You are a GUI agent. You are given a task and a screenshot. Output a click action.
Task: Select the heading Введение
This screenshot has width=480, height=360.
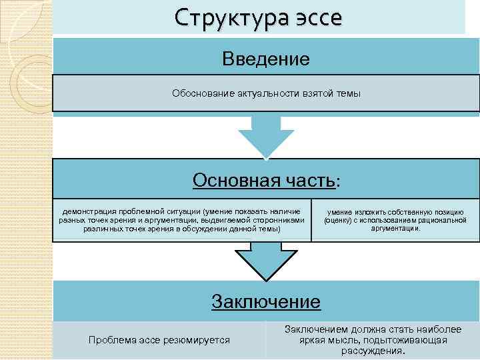click(266, 59)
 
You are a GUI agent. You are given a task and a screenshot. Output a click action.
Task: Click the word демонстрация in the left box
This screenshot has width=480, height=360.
click(89, 210)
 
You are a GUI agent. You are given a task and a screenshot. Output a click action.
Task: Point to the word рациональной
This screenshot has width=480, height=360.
click(441, 220)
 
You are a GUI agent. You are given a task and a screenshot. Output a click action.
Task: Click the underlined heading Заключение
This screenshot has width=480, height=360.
click(266, 301)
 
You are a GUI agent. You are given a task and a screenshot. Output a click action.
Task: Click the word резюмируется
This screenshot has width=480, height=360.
click(195, 341)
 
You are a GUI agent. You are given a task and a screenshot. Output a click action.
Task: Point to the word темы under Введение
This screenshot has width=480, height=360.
click(349, 93)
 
